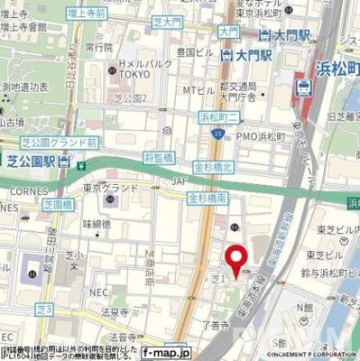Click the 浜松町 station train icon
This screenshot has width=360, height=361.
click(303, 88)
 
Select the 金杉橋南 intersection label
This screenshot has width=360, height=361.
click(206, 197)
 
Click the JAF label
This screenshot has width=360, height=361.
click(162, 190)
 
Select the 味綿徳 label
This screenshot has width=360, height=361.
click(97, 223)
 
